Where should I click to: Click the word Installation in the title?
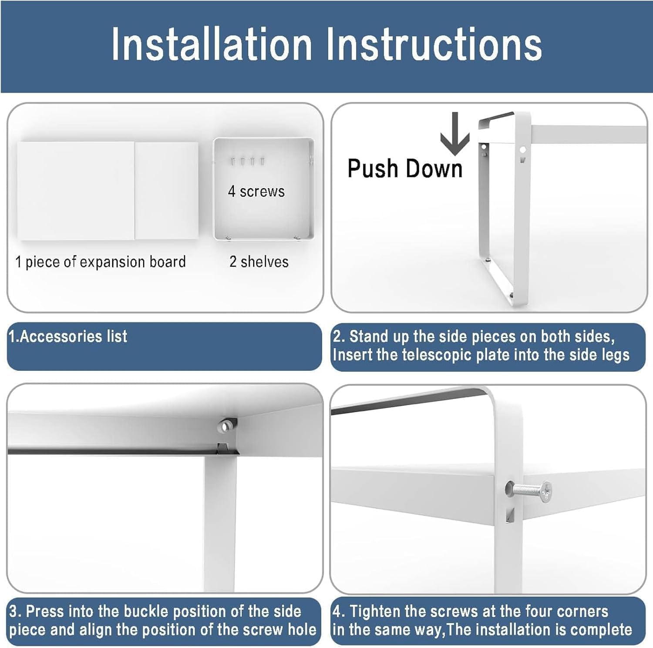point(212,44)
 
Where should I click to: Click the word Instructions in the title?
point(434,44)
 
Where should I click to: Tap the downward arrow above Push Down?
point(455,134)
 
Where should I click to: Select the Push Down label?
point(405,168)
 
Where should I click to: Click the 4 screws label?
point(256,191)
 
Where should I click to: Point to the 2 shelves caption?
point(259,262)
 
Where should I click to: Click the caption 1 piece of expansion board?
point(101,262)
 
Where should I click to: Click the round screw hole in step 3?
point(225,426)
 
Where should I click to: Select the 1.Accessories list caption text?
point(68,336)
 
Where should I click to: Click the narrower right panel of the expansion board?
point(166,190)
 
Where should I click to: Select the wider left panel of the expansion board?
point(76,191)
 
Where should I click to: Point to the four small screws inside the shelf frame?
point(247,161)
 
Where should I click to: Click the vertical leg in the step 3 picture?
point(219,522)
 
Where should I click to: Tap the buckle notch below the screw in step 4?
point(510,515)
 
